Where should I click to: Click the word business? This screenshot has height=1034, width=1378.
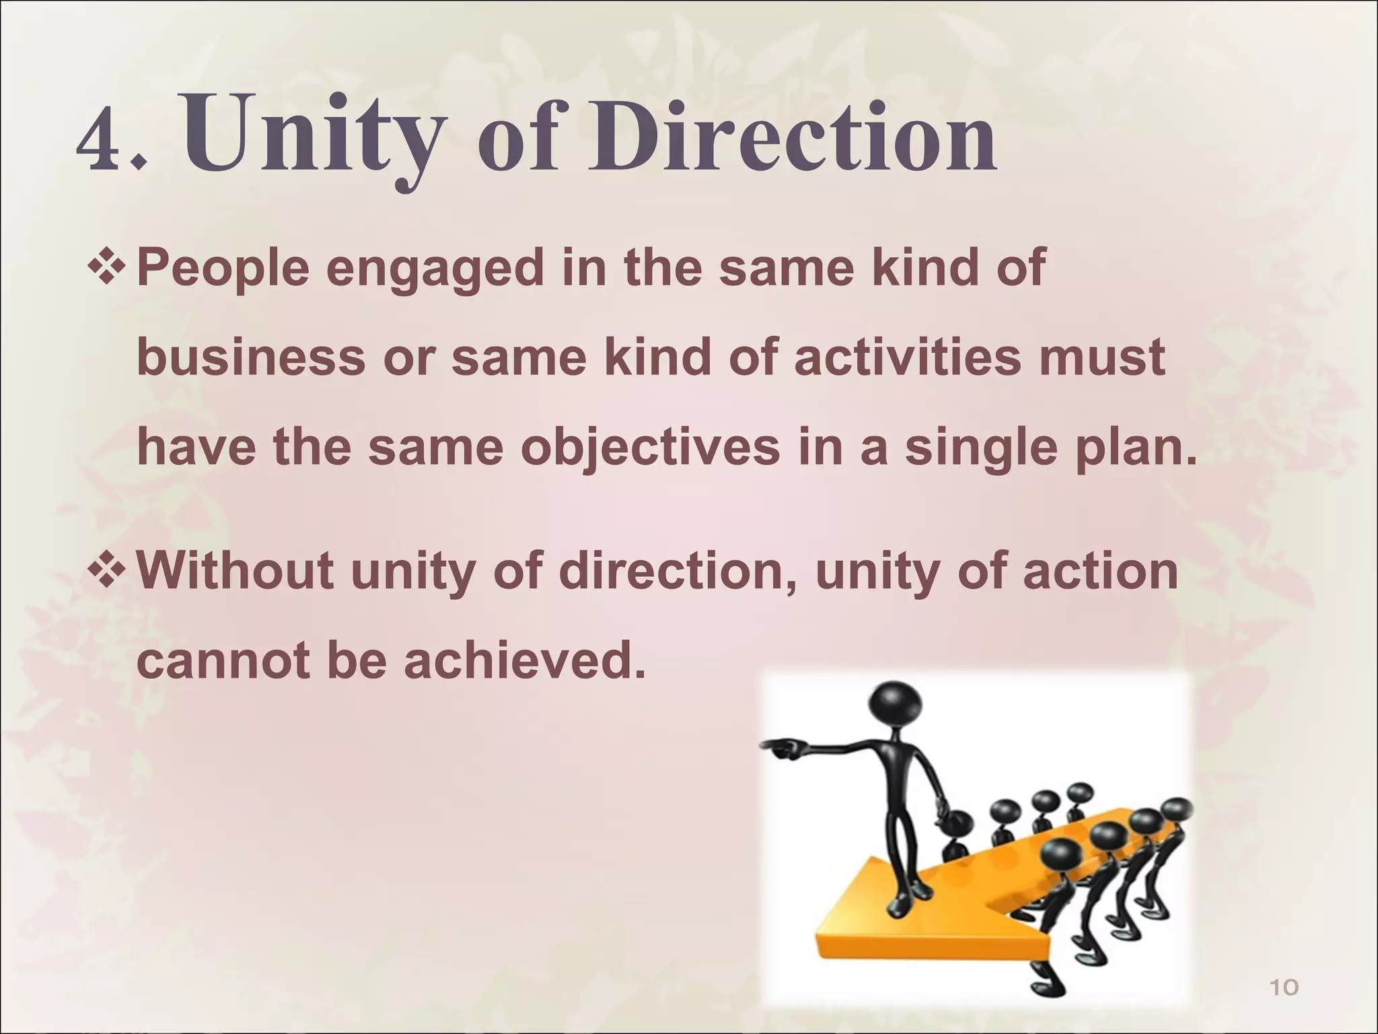pyautogui.click(x=251, y=357)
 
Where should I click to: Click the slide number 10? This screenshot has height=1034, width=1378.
pyautogui.click(x=1282, y=988)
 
